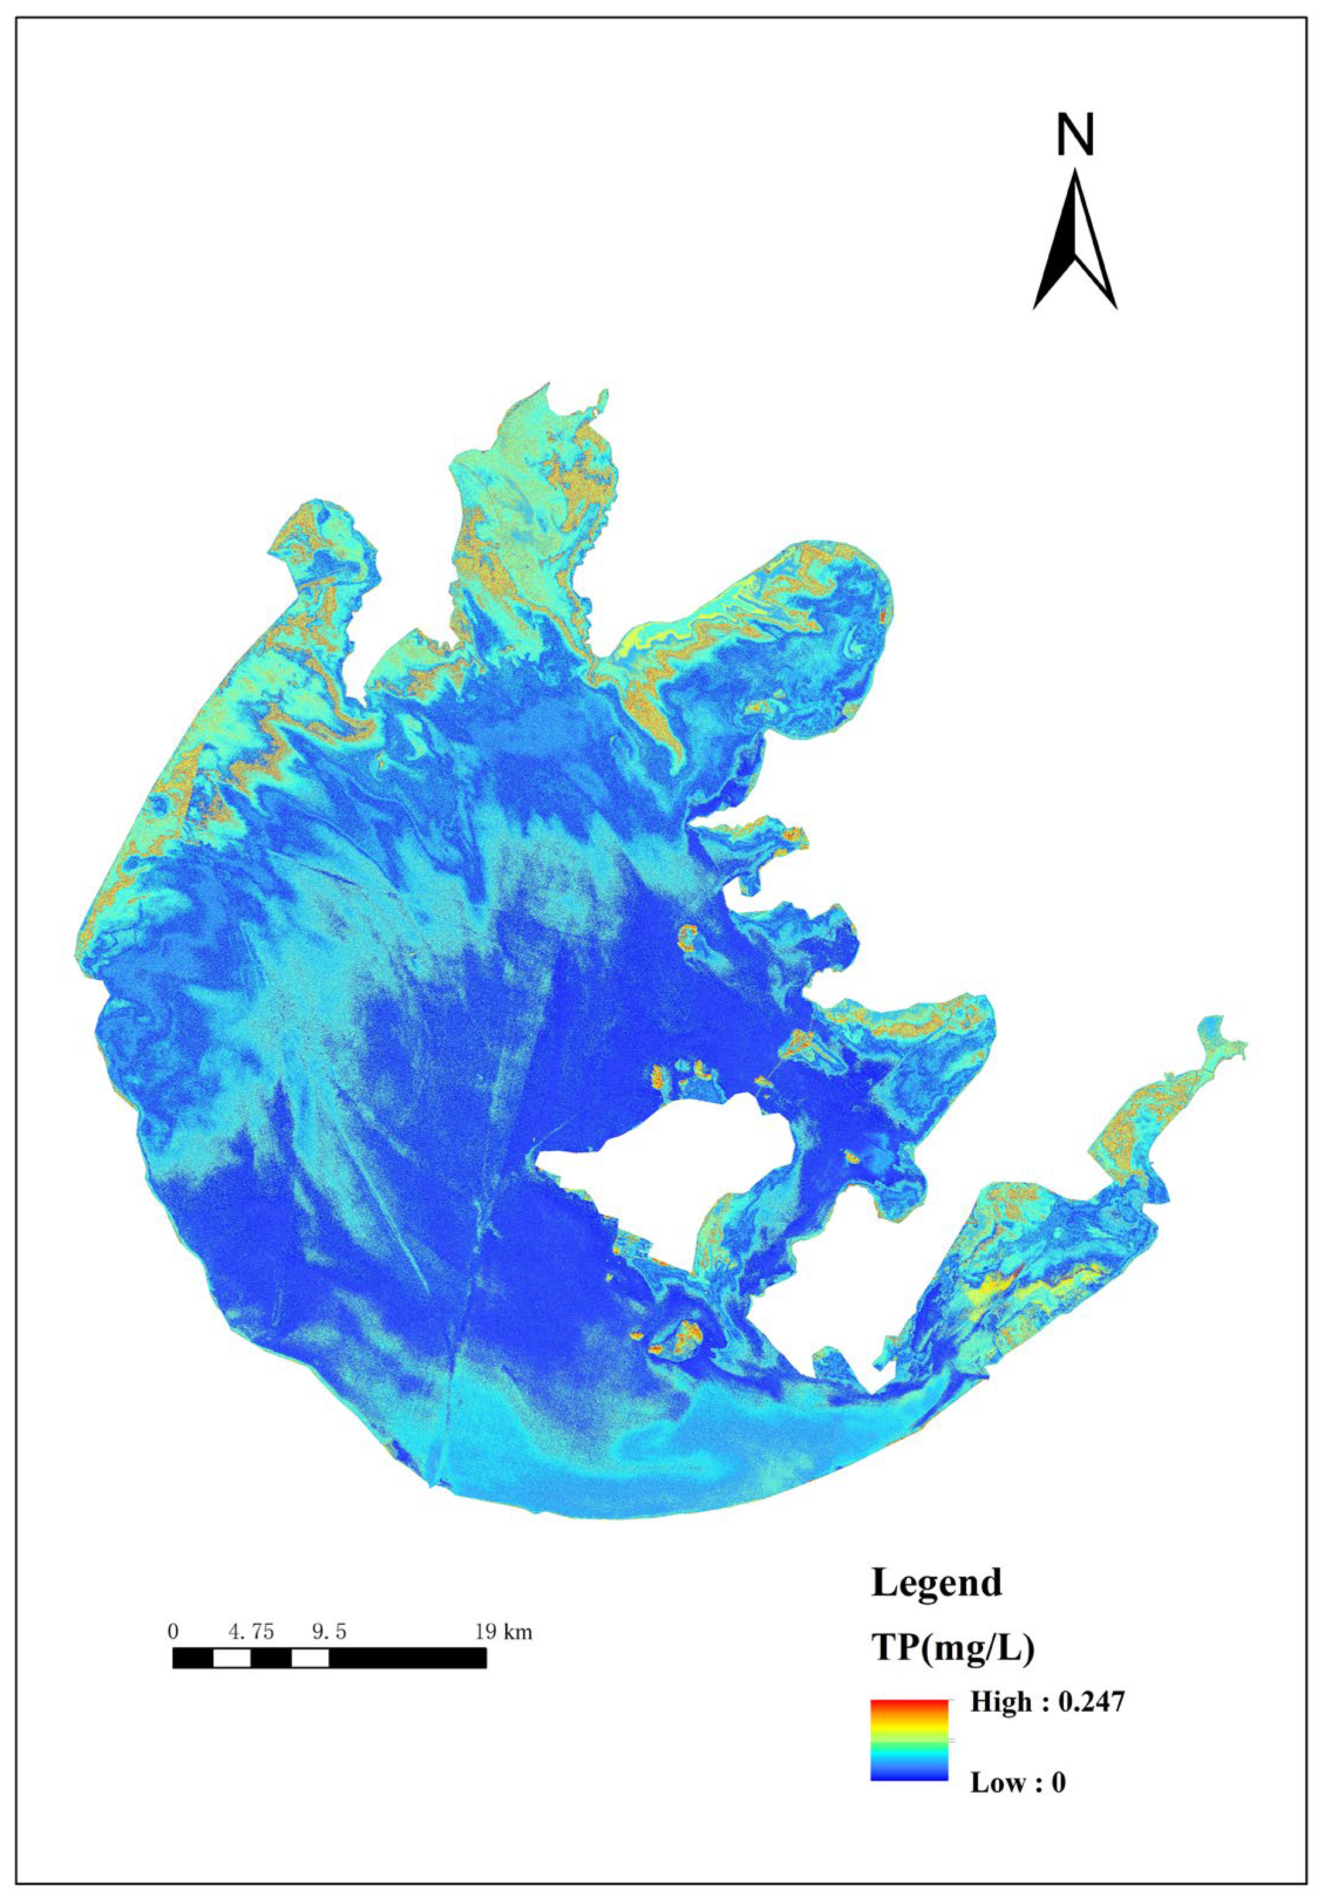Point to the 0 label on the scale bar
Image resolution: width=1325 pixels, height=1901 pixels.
coord(172,1631)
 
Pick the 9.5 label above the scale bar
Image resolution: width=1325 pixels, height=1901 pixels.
coord(329,1631)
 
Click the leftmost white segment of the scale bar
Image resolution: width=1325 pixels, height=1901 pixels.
coord(231,1658)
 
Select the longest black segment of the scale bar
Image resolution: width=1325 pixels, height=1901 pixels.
coord(407,1658)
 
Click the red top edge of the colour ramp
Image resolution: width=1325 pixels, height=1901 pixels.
coord(909,1704)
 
